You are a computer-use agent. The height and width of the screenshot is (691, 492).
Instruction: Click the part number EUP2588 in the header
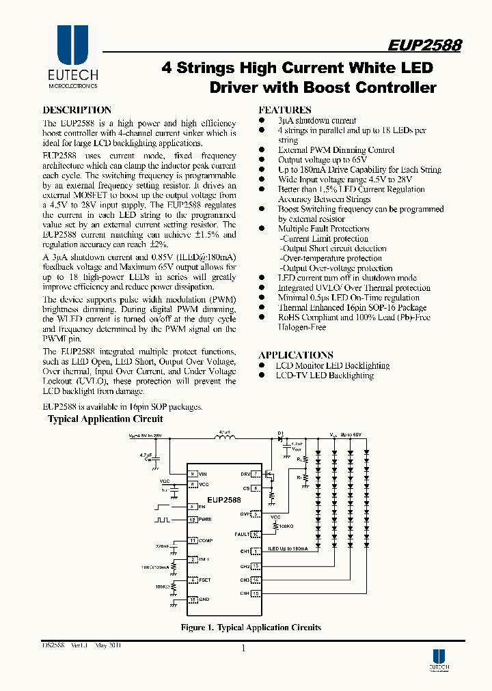(x=424, y=46)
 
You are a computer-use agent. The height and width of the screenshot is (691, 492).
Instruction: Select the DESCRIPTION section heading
(x=77, y=110)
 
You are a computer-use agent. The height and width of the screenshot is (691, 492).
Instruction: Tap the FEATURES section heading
(x=284, y=110)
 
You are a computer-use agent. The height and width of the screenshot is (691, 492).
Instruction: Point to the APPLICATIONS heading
(x=295, y=355)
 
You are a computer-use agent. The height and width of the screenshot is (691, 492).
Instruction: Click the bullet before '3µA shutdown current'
(x=261, y=120)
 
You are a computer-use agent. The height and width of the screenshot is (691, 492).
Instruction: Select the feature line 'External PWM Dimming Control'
(x=336, y=150)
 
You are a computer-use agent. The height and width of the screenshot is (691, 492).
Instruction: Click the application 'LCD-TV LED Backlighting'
(x=325, y=376)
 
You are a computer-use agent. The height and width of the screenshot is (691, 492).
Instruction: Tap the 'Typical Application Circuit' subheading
(x=105, y=419)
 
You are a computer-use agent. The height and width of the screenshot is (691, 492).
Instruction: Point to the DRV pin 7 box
(x=256, y=473)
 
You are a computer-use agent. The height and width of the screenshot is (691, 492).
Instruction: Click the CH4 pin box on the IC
(x=256, y=593)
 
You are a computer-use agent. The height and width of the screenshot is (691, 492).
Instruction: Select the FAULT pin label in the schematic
(x=241, y=535)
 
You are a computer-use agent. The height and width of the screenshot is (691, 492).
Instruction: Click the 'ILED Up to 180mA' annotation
(x=287, y=548)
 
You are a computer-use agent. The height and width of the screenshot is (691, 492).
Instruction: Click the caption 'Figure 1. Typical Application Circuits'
(x=250, y=627)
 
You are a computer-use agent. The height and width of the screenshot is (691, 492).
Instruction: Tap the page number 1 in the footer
(x=243, y=649)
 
